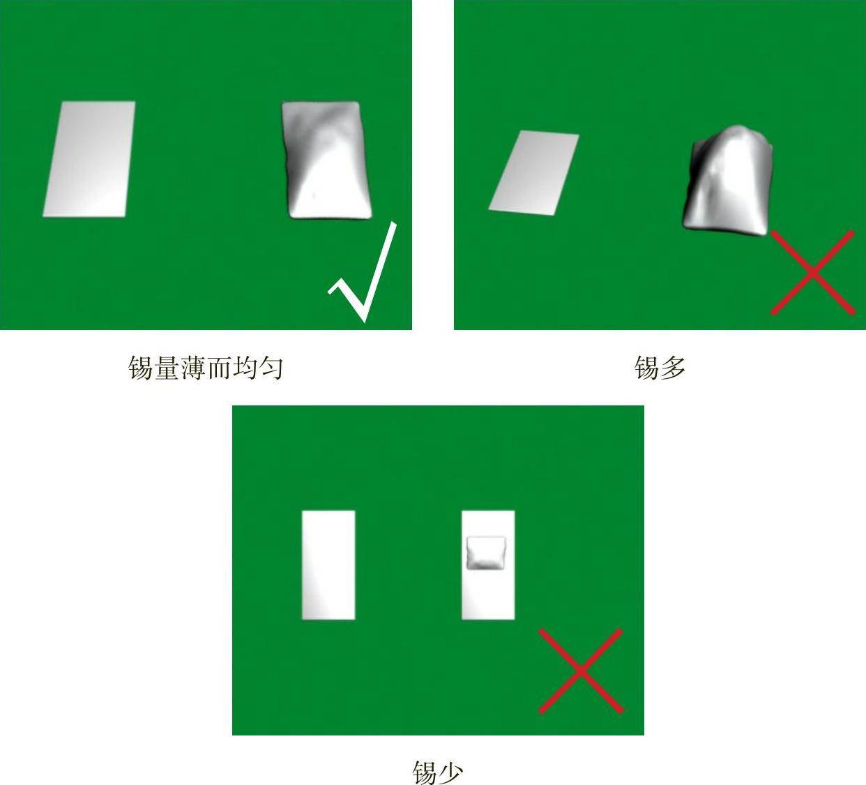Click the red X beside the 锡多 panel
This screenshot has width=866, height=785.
tap(812, 272)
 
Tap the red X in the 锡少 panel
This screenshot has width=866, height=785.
tap(581, 671)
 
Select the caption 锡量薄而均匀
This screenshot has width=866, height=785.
tap(206, 368)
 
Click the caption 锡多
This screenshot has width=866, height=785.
tap(660, 368)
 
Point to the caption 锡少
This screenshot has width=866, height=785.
tap(438, 772)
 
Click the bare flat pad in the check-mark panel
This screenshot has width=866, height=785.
tap(89, 159)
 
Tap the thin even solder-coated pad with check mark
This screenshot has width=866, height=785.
tap(326, 160)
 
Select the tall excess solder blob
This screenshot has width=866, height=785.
tap(728, 181)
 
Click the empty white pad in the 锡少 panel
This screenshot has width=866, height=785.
tap(328, 565)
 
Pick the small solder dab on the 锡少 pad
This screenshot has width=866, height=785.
tap(487, 553)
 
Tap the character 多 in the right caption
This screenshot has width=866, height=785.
tap(673, 368)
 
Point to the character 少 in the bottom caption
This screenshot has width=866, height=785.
tap(451, 772)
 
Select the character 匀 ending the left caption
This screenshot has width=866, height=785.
tap(271, 368)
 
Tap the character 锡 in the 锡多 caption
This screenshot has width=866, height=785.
tap(646, 368)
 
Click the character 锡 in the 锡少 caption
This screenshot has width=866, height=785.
tap(425, 772)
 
